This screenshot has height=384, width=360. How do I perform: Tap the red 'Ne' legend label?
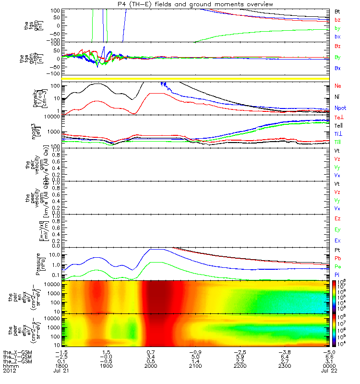[338, 86]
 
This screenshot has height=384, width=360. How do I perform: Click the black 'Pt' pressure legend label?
[337, 251]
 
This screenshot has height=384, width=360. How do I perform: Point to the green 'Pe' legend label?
[337, 266]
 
